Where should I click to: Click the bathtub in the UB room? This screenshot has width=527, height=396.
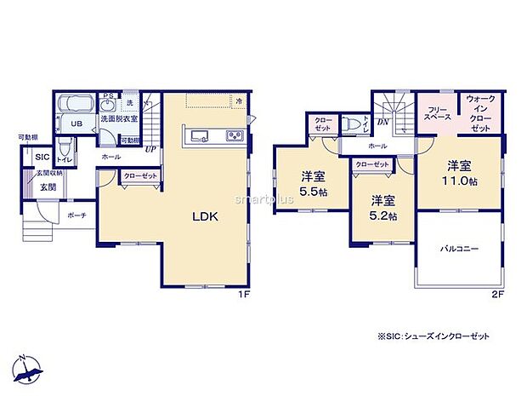(76, 106)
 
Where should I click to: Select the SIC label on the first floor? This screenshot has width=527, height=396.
(42, 157)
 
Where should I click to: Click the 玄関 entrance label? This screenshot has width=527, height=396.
(47, 187)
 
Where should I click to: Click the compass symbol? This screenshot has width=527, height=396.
(30, 368)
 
